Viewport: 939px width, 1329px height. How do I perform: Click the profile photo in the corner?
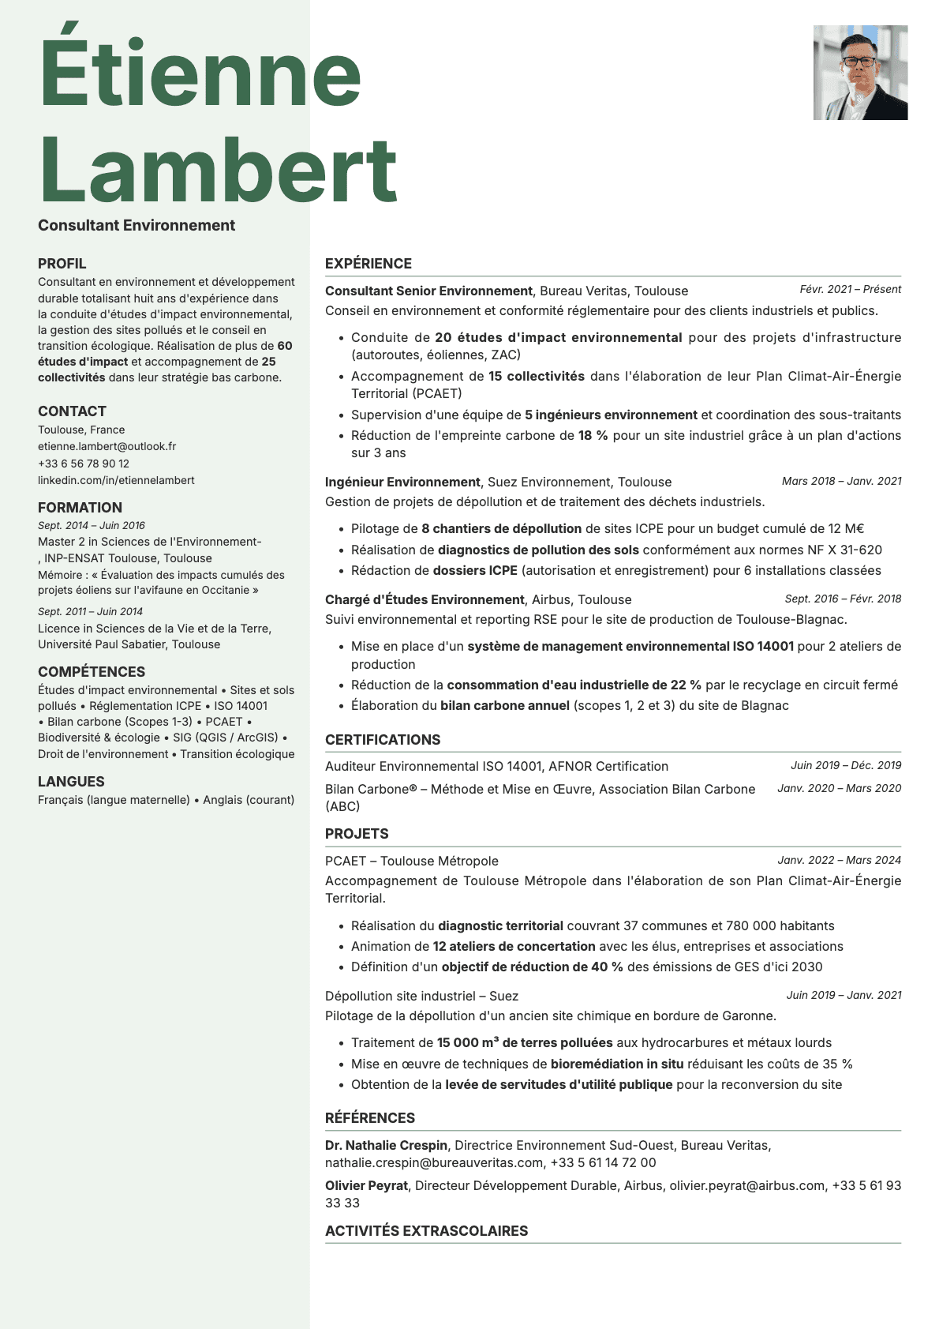pos(860,73)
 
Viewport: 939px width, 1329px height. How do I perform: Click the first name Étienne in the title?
pos(200,73)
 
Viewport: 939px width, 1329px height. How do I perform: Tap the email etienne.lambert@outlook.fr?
pos(107,446)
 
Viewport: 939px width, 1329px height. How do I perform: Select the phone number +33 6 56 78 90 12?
pos(84,464)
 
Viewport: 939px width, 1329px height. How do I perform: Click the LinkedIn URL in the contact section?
pos(116,480)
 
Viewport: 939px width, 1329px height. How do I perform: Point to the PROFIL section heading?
pos(62,264)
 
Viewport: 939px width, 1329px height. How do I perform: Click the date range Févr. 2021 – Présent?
pos(850,290)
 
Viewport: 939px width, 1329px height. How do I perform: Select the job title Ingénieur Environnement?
pos(402,482)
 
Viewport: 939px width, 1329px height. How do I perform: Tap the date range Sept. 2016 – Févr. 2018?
pos(843,599)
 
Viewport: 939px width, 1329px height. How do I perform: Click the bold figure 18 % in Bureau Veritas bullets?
pos(593,435)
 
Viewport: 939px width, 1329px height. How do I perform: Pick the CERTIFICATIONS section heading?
pos(383,740)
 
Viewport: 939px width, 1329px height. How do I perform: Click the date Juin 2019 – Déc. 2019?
pos(846,765)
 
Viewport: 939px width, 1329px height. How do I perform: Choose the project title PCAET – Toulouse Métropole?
pos(412,861)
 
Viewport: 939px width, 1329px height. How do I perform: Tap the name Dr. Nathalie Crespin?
pos(386,1145)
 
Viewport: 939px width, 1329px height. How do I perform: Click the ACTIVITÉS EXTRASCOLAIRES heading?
pos(426,1230)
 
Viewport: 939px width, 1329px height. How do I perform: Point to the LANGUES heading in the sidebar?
pos(71,782)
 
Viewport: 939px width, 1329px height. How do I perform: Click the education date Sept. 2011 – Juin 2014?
pos(90,611)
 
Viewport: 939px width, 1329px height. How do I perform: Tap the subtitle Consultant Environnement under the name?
pos(137,226)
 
